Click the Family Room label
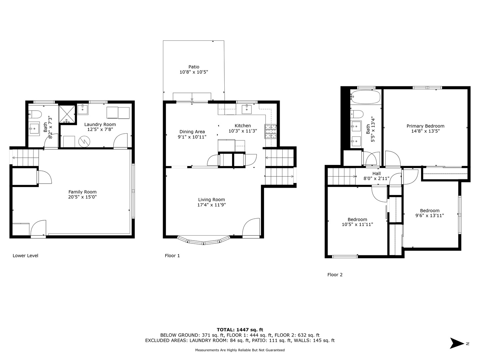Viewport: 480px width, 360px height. coord(82,192)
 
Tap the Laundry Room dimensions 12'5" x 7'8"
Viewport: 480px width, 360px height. coord(100,129)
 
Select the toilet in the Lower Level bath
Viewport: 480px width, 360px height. coord(35,114)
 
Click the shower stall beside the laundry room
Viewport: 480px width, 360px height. coord(67,114)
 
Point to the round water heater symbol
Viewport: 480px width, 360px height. coord(84,142)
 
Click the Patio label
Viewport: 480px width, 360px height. coord(194,67)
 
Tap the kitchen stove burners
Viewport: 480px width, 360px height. coord(271,131)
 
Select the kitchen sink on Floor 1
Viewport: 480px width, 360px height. coord(246,109)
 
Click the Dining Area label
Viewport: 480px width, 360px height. coord(192,132)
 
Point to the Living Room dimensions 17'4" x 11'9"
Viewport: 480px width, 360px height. coord(211,205)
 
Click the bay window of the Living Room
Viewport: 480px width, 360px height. coord(204,240)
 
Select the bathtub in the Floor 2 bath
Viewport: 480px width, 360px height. coord(365,97)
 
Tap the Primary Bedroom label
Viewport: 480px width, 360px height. coord(425,126)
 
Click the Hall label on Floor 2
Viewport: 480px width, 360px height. coord(376,174)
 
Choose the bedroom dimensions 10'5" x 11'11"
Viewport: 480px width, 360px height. coord(357,224)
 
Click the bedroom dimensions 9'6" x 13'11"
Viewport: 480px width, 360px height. coord(429,215)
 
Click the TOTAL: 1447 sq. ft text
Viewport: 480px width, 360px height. coord(240,330)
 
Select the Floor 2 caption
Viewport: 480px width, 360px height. coord(335,275)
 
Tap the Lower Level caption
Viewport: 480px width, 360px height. coord(25,256)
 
